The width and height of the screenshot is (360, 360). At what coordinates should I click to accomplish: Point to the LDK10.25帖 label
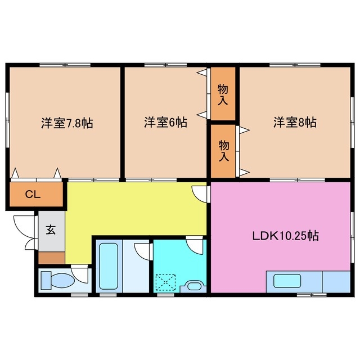click(x=285, y=236)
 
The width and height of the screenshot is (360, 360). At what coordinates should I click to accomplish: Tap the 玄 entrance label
click(x=51, y=229)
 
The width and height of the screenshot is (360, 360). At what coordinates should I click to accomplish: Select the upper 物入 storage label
click(x=223, y=94)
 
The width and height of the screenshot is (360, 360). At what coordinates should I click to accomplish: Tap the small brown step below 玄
click(x=51, y=258)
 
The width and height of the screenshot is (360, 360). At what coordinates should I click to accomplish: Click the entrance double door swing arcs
click(x=26, y=231)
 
